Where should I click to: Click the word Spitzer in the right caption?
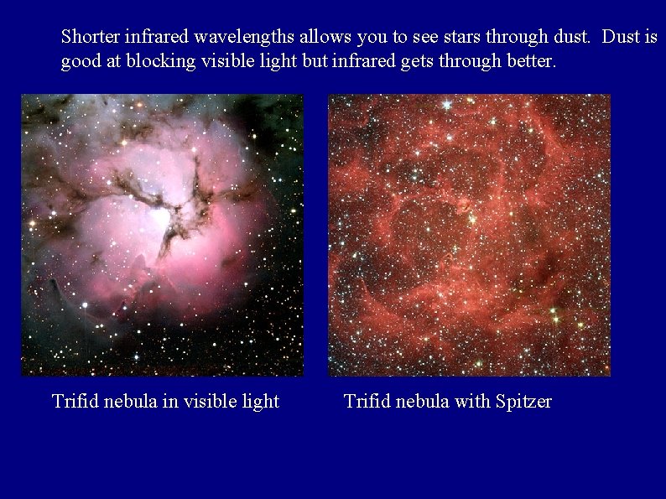523,402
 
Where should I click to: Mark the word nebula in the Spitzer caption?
423,402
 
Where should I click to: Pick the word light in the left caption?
261,402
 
